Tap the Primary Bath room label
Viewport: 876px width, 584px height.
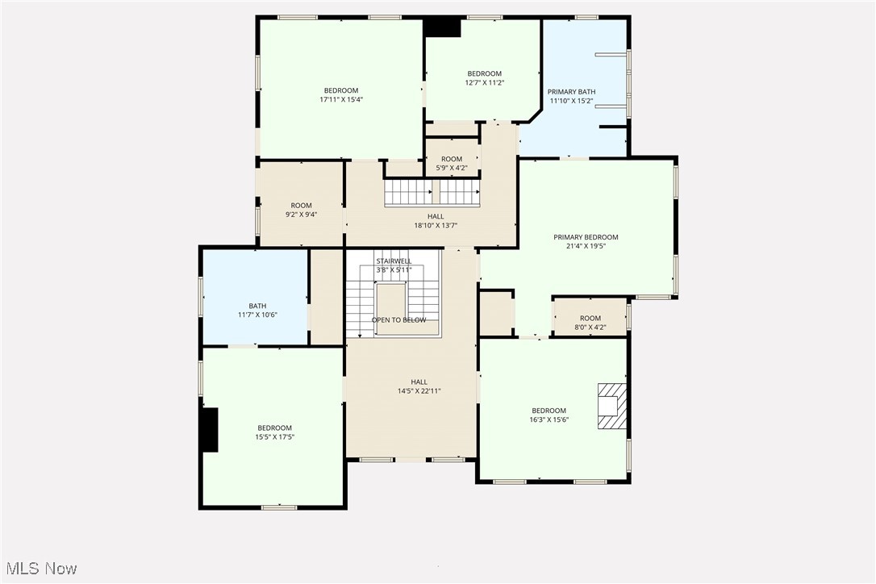(571, 96)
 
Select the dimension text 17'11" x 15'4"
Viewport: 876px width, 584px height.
(341, 100)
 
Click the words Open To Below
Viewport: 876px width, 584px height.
(398, 320)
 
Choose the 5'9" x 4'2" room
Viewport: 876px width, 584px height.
(452, 164)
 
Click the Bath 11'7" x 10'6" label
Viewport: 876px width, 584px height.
(257, 311)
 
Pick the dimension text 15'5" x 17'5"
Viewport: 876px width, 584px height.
(274, 437)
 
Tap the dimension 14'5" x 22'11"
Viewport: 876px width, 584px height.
(419, 391)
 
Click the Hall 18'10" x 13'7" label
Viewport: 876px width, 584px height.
(436, 221)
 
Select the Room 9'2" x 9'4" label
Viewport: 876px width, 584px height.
(301, 210)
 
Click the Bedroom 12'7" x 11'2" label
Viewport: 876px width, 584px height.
(484, 78)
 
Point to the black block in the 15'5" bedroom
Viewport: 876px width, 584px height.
(210, 430)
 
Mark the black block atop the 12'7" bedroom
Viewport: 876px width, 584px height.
(442, 27)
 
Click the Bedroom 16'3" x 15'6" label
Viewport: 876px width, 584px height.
(549, 415)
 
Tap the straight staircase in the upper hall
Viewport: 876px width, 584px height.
(432, 193)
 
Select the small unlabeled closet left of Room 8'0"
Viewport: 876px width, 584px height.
(496, 312)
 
